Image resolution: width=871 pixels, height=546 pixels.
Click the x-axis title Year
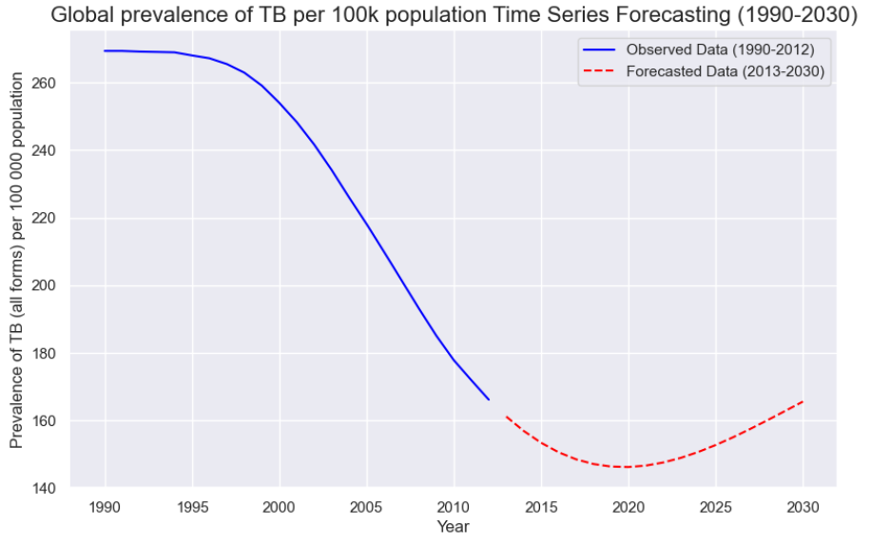point(454,526)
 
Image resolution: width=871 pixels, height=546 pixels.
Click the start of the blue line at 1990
point(105,50)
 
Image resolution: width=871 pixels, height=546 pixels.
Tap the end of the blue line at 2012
point(489,400)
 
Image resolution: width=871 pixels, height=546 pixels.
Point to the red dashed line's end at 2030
point(803,401)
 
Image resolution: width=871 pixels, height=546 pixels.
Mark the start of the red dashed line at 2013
point(507,417)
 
